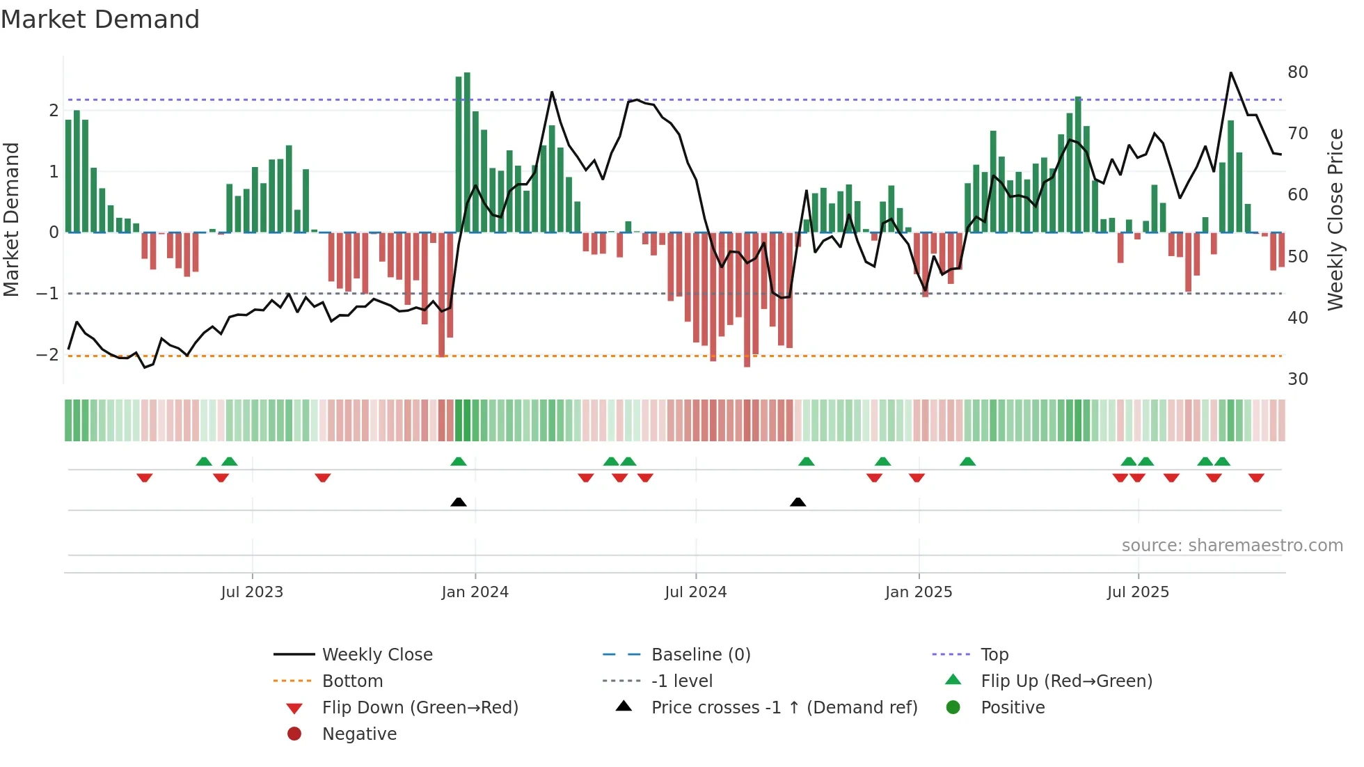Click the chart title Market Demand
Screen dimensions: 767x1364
100,19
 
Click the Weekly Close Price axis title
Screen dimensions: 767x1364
1335,219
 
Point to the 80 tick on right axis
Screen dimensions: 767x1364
1297,72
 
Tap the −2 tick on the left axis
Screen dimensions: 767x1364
47,355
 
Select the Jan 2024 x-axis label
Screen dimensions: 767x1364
475,592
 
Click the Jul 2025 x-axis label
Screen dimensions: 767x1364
1138,592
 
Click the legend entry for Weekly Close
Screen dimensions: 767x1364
376,655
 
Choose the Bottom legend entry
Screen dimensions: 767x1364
352,681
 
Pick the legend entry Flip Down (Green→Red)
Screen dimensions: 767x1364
420,708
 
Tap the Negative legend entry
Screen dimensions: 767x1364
359,734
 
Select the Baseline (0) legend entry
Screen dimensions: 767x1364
700,655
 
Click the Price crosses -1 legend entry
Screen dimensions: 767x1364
784,708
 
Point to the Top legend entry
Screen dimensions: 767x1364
994,655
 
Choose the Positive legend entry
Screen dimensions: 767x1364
1013,708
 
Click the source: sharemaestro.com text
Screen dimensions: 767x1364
1232,546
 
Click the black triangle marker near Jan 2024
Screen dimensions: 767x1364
459,502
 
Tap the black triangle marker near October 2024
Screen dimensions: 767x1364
798,502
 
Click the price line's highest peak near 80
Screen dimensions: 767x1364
1230,73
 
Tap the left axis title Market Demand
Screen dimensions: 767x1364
11,219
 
